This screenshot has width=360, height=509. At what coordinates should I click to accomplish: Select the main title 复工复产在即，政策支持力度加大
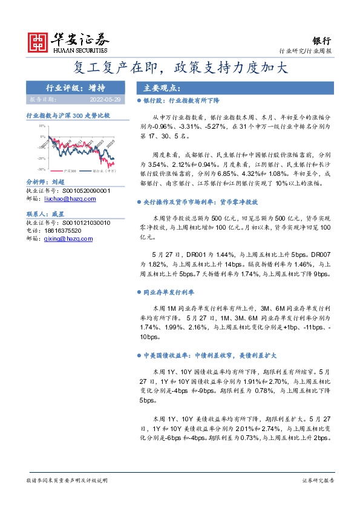pos(180,66)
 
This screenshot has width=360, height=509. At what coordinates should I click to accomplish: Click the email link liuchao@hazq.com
pos(68,197)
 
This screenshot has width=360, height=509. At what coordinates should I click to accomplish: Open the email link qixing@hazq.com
pos(68,239)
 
